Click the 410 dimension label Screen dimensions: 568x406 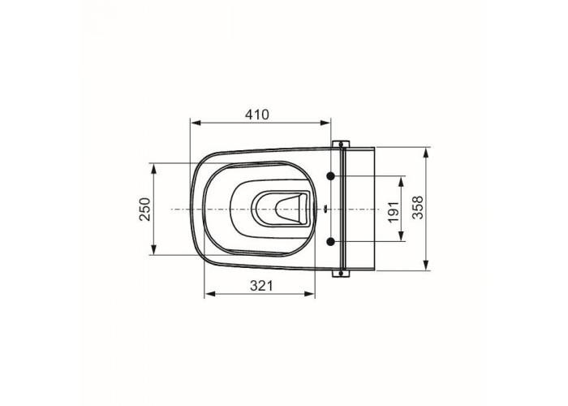(257, 114)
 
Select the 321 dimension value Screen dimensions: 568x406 (261, 286)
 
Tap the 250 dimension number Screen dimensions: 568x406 (145, 209)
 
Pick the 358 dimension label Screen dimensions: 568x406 (418, 207)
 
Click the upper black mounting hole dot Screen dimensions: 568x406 (330, 176)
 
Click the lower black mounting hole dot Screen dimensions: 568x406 (330, 241)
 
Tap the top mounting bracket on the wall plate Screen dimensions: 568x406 (341, 144)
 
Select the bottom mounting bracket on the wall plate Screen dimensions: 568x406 (341, 274)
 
